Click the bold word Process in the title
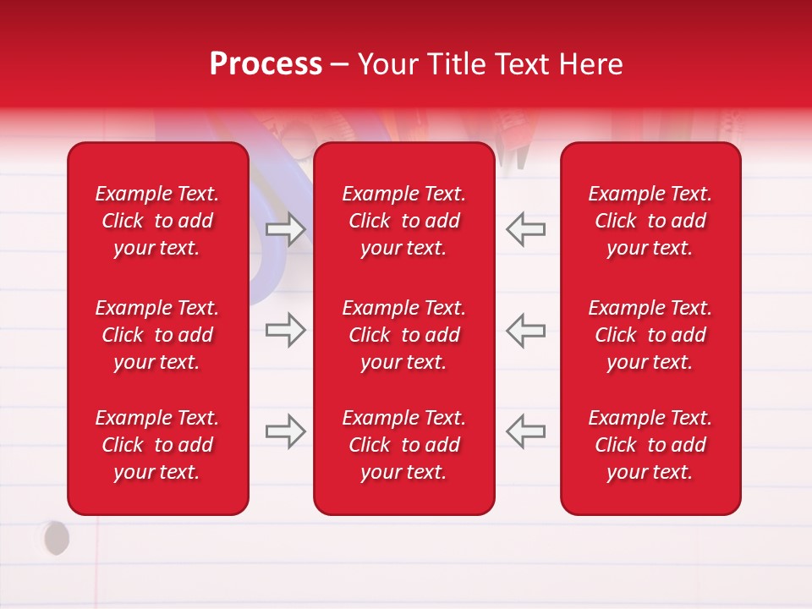[x=266, y=64]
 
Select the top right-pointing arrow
[x=285, y=229]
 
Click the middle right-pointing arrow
[x=285, y=330]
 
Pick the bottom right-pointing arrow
[x=285, y=431]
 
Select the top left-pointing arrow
[x=526, y=229]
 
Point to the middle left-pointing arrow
[x=526, y=330]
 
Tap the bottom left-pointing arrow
[x=526, y=431]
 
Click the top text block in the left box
[x=157, y=221]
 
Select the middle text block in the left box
[x=157, y=335]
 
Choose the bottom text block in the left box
[x=157, y=445]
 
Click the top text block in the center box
[x=403, y=221]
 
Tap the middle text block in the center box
[x=403, y=335]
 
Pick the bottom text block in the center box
[x=403, y=445]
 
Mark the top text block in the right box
[x=650, y=221]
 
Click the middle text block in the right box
[x=650, y=335]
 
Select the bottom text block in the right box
[x=650, y=445]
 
